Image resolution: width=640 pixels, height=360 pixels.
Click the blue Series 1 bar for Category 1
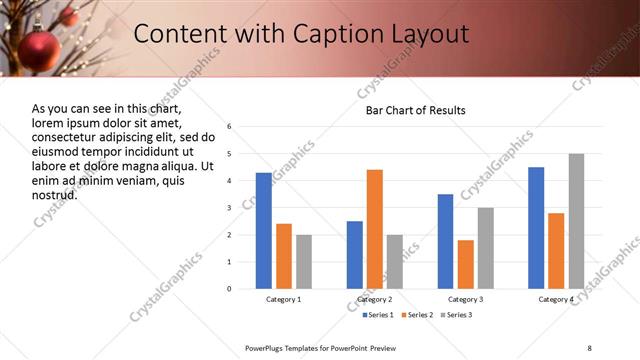264,230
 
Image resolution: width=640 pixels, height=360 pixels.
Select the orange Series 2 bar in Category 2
375,229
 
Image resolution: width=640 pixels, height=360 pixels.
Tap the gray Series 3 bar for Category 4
576,221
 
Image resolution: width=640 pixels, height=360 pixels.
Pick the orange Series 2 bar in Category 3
466,264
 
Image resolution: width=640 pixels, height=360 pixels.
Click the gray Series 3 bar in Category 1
304,261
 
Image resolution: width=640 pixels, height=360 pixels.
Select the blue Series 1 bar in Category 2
355,254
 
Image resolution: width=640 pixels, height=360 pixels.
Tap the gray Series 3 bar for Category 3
486,248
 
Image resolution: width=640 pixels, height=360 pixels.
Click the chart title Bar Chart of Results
416,110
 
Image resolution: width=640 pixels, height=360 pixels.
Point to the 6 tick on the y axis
229,127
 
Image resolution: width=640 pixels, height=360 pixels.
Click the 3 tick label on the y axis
229,208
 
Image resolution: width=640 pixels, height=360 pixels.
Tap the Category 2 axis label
375,299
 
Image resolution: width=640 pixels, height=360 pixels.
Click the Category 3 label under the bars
466,299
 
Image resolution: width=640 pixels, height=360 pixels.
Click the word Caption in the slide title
338,34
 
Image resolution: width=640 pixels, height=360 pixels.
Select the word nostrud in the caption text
54,194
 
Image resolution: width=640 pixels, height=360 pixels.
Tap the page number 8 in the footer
589,347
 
